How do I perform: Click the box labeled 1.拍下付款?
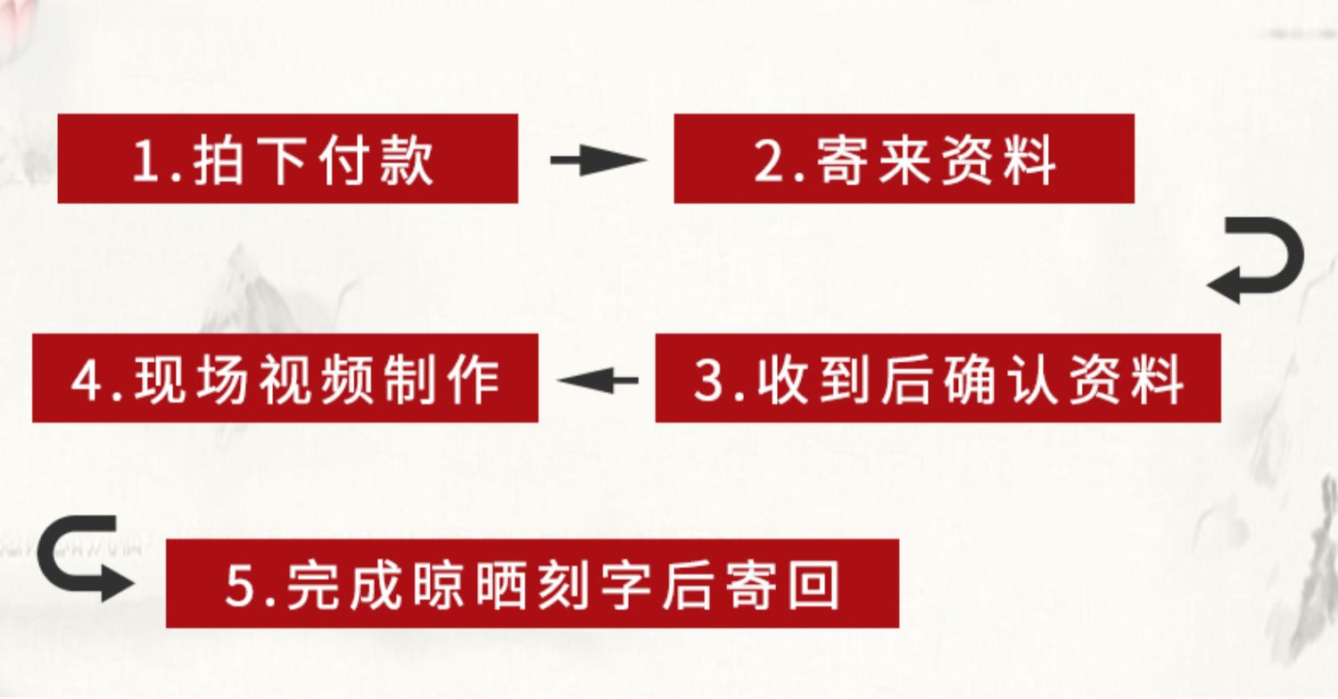(287, 159)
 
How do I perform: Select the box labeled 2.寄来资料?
(903, 159)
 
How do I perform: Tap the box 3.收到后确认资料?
(937, 378)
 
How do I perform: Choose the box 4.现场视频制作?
(285, 378)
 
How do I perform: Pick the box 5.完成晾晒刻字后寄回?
(532, 583)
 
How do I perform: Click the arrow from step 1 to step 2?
(596, 160)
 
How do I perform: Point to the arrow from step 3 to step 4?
(598, 381)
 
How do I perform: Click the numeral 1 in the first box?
(145, 161)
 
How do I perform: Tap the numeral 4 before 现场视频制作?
(87, 381)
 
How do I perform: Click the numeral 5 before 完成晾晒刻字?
(241, 586)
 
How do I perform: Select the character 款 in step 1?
(406, 160)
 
